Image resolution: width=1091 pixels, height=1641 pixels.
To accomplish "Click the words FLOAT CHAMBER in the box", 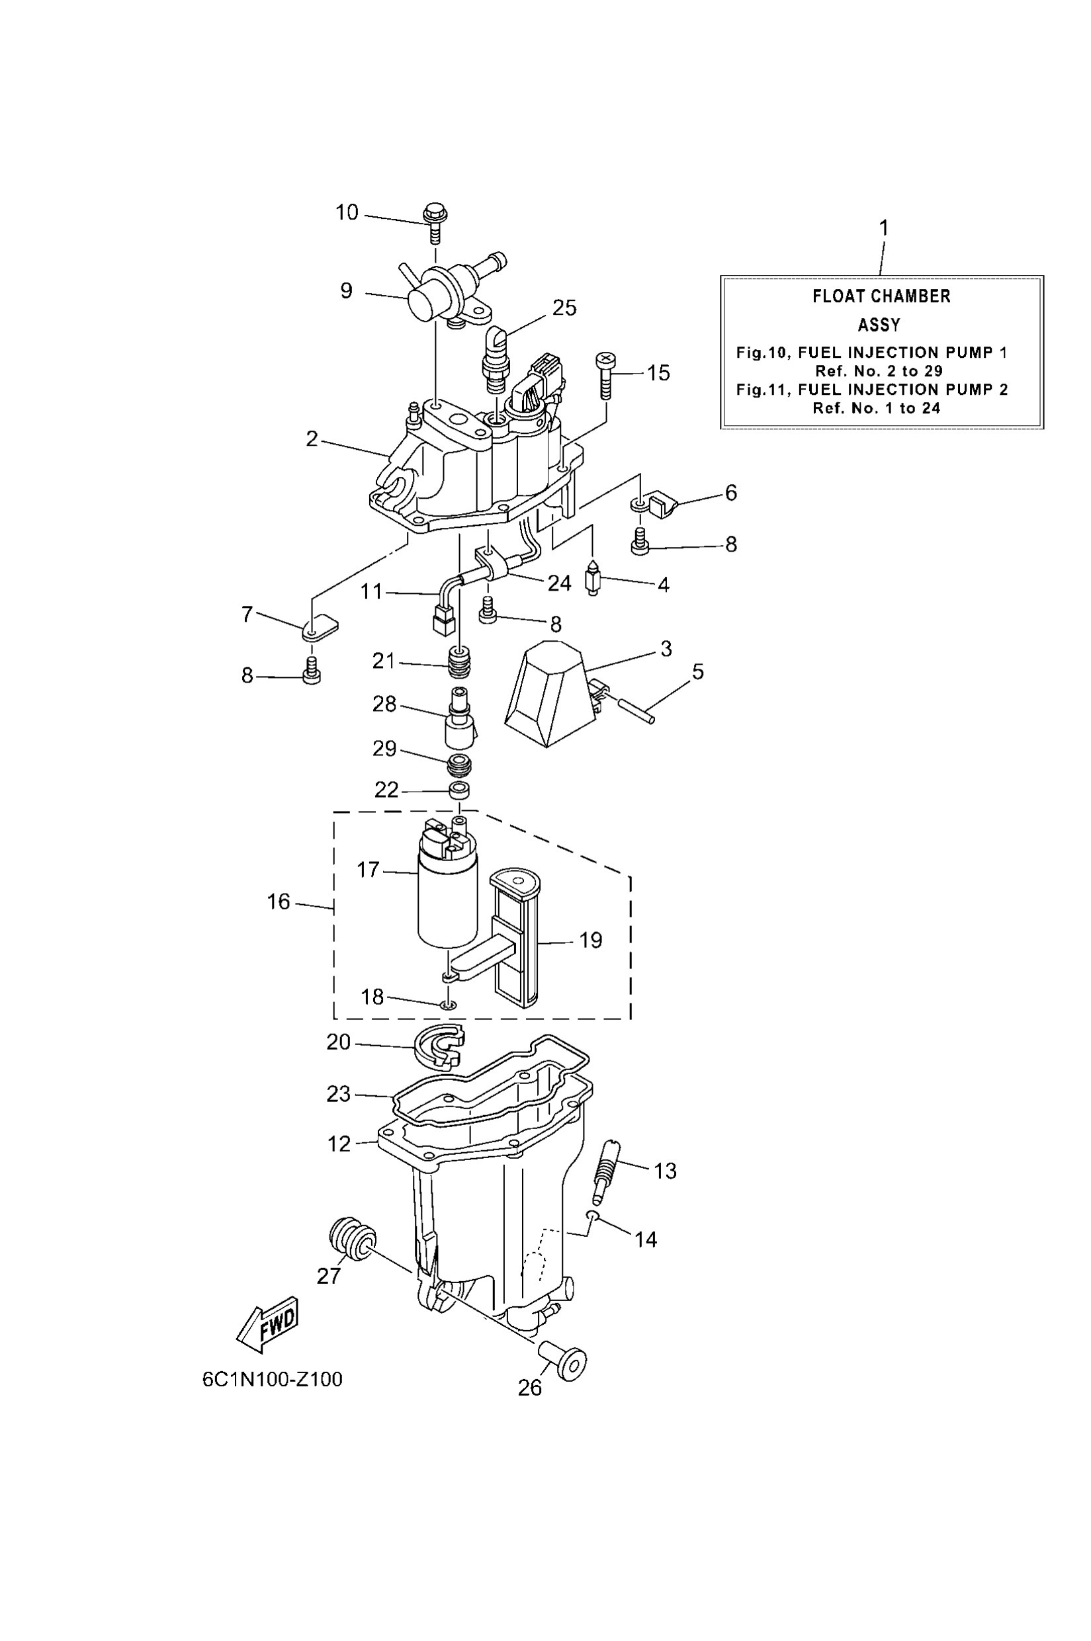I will point(881,296).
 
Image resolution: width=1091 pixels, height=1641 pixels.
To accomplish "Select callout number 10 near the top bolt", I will point(347,212).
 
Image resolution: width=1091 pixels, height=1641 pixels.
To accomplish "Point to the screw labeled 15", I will point(605,376).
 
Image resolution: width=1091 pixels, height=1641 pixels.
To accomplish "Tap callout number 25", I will point(564,308).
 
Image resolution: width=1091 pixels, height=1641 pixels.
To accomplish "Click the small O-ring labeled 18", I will point(449,1005).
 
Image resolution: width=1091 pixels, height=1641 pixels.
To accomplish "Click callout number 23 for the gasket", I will point(338,1093).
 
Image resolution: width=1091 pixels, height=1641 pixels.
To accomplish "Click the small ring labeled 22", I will point(458,790).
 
